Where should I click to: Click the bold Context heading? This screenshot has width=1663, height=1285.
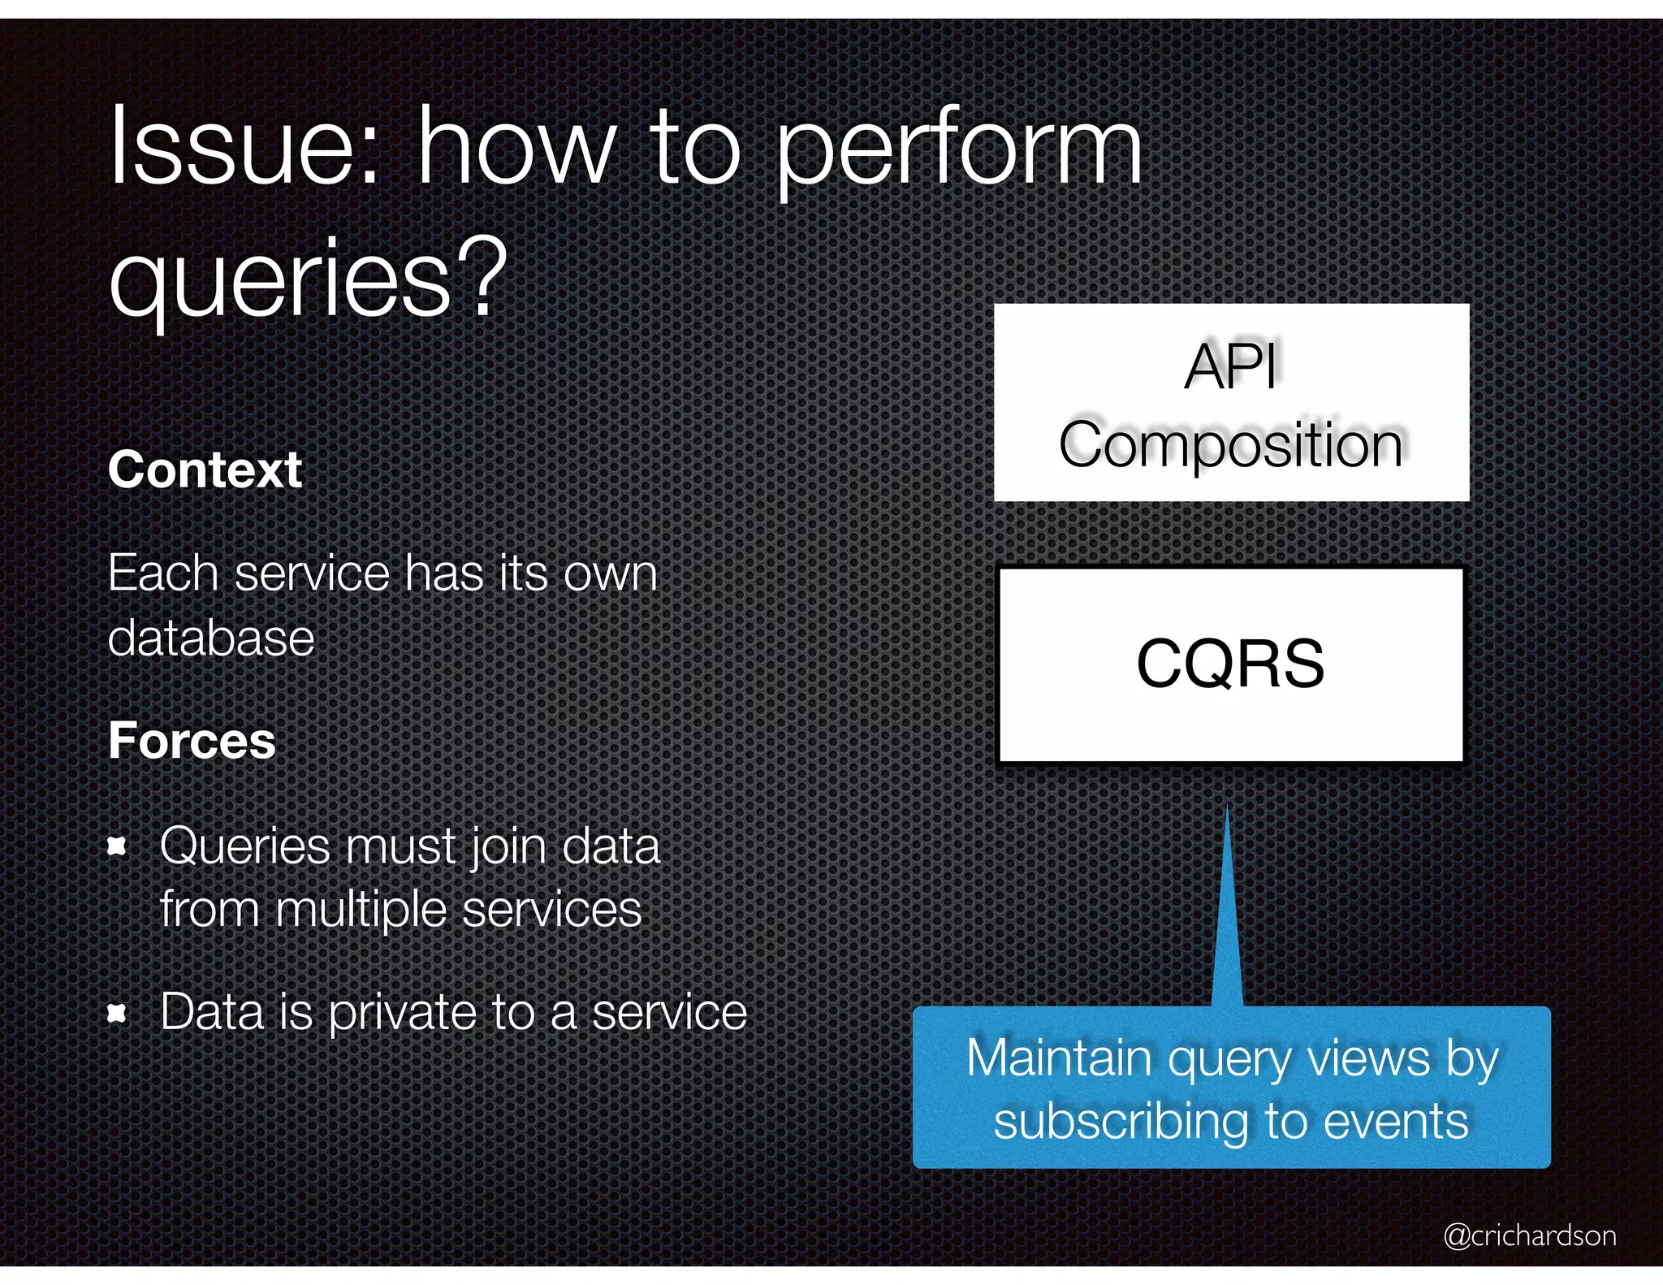(x=205, y=469)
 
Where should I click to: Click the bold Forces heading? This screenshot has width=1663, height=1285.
(x=192, y=741)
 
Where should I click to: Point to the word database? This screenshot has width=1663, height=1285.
(x=211, y=638)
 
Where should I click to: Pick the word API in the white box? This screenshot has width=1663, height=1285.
(x=1231, y=366)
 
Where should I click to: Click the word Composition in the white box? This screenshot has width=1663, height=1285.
(x=1231, y=445)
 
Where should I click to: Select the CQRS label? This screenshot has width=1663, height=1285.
(x=1230, y=664)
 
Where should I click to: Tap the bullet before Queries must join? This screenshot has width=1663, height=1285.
(x=118, y=847)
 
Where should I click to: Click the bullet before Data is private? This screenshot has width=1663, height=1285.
(x=118, y=1013)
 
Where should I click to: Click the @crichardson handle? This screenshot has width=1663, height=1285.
(x=1530, y=1235)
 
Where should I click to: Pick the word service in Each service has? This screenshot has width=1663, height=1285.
(x=313, y=573)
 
